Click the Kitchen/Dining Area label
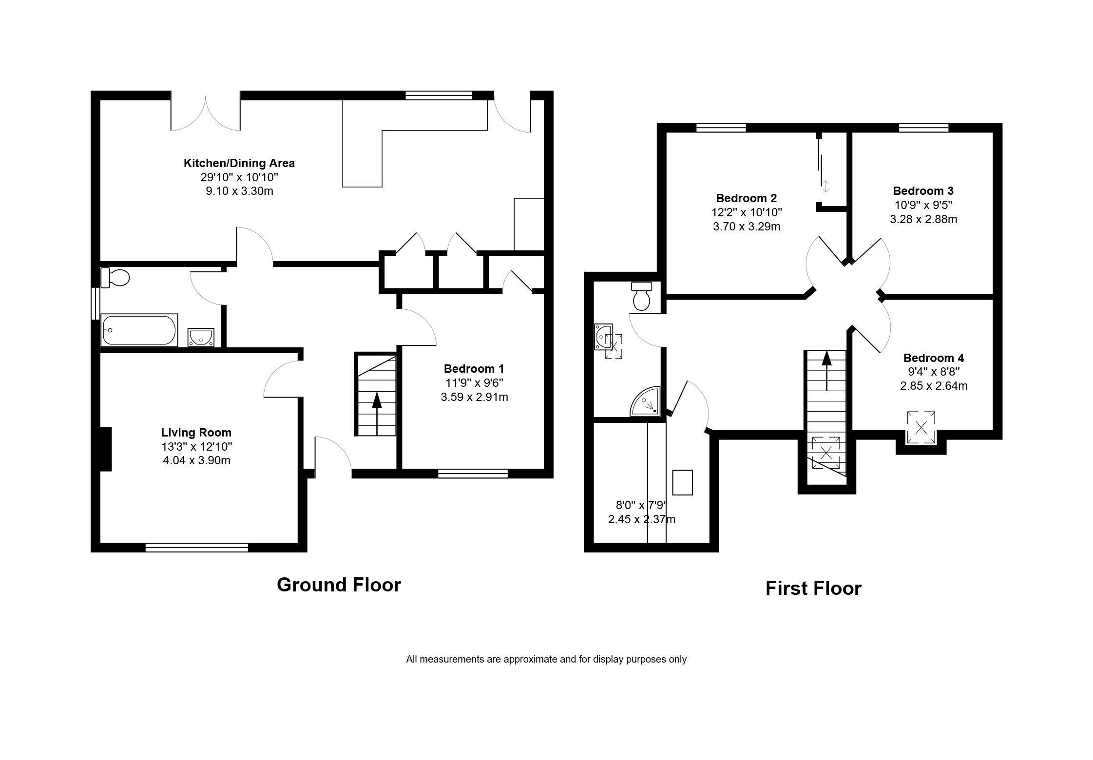pos(239,163)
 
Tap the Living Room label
pos(196,433)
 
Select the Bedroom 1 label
pos(474,369)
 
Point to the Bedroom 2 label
pos(747,198)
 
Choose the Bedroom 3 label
pos(923,191)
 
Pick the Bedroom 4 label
pos(934,358)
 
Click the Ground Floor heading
pos(339,585)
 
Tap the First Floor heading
pos(813,588)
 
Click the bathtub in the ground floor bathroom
pos(139,330)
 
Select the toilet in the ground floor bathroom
pos(115,278)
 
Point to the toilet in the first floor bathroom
pos(642,296)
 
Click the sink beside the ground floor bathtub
pos(201,337)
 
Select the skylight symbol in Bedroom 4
pos(921,428)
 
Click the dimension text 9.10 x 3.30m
pos(239,191)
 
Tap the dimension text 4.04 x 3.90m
pos(196,460)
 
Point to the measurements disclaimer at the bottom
pos(546,660)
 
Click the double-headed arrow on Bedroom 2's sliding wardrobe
pos(825,186)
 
